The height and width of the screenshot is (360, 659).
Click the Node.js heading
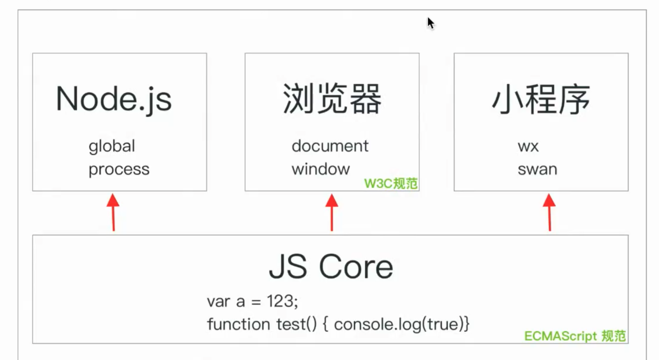pyautogui.click(x=113, y=99)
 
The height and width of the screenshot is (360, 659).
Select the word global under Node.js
pyautogui.click(x=112, y=146)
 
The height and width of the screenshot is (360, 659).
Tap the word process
pyautogui.click(x=119, y=169)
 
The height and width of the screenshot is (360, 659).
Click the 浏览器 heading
pyautogui.click(x=332, y=99)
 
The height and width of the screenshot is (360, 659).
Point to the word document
pyautogui.click(x=330, y=146)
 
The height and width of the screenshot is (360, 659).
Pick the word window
pyautogui.click(x=320, y=169)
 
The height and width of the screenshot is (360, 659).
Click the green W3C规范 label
pyautogui.click(x=391, y=183)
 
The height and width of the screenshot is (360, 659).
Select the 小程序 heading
pyautogui.click(x=541, y=99)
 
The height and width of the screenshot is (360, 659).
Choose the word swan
pyautogui.click(x=537, y=169)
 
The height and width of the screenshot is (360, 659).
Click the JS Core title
pyautogui.click(x=331, y=267)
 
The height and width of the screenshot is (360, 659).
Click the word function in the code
pyautogui.click(x=238, y=324)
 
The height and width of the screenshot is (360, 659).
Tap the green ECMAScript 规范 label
pyautogui.click(x=575, y=336)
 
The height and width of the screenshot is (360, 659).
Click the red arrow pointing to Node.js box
pyautogui.click(x=113, y=212)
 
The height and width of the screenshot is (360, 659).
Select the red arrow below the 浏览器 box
pyautogui.click(x=332, y=212)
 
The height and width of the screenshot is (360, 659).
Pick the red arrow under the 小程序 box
pyautogui.click(x=549, y=212)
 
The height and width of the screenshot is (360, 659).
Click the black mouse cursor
pyautogui.click(x=430, y=23)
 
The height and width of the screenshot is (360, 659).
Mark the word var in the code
pyautogui.click(x=218, y=302)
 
